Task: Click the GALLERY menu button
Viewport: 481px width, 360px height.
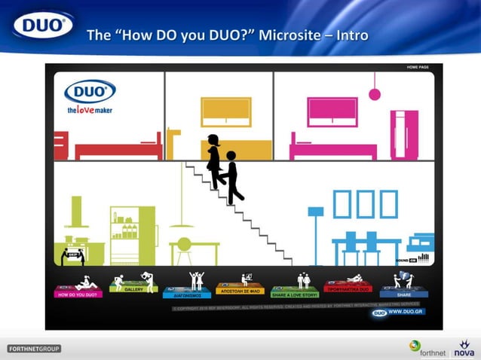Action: click(133, 289)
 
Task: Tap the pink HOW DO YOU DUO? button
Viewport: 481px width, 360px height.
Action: click(78, 294)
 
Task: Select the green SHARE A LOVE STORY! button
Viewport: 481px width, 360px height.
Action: click(295, 294)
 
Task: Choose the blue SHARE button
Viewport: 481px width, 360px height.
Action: click(404, 294)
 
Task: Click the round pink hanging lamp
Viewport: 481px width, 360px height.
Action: click(374, 94)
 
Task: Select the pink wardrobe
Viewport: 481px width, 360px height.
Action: click(404, 134)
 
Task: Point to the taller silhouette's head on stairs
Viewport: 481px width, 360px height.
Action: click(213, 140)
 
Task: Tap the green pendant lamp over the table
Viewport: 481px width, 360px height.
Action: click(182, 224)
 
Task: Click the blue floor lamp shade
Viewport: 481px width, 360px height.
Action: click(316, 212)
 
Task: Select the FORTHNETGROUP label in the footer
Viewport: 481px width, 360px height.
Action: click(34, 349)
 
